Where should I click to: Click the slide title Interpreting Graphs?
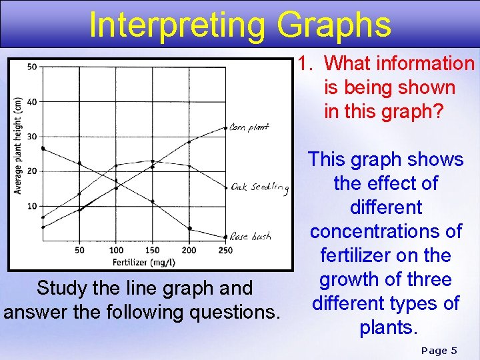click(240, 25)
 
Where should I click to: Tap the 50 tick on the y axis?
click(32, 67)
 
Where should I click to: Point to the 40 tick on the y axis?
click(32, 102)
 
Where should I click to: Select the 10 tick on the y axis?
click(32, 206)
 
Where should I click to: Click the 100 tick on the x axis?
click(116, 251)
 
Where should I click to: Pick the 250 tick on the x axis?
click(226, 251)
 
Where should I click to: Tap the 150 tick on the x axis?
click(153, 251)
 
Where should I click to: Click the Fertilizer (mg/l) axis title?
click(144, 262)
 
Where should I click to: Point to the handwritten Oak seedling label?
click(260, 188)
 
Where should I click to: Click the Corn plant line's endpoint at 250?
click(226, 127)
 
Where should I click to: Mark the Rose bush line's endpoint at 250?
click(226, 237)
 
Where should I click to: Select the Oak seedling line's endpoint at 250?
click(226, 187)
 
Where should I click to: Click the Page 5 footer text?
click(440, 350)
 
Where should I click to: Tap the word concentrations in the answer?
click(385, 231)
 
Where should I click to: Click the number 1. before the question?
click(307, 63)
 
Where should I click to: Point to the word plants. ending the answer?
click(385, 327)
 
